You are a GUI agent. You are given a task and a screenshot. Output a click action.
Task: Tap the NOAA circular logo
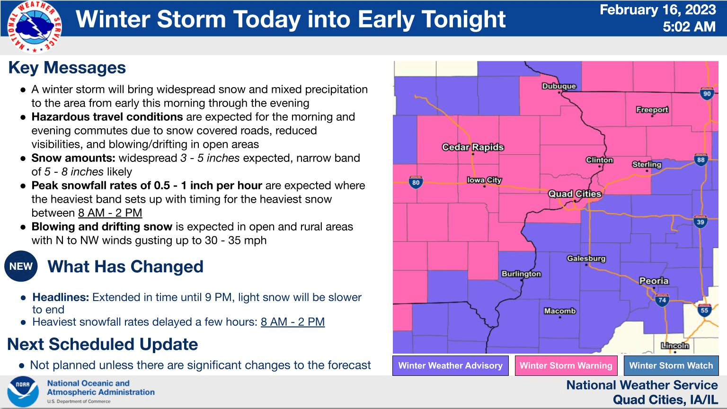tap(23, 392)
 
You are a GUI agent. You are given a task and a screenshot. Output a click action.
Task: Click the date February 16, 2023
tap(657, 10)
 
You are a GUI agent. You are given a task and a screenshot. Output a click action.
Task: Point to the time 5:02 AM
tap(689, 27)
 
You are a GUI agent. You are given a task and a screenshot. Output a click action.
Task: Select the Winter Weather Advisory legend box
tap(450, 365)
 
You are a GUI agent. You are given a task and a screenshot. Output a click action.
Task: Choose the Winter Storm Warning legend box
tap(566, 365)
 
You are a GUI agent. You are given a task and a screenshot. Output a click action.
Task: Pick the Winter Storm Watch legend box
tap(671, 365)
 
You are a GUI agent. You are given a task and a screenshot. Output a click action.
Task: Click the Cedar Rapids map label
tap(473, 147)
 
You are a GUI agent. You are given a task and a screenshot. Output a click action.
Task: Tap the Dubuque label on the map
tap(559, 86)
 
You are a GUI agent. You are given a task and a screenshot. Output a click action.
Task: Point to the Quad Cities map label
tap(575, 194)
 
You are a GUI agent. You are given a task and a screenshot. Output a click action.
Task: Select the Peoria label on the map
tap(654, 281)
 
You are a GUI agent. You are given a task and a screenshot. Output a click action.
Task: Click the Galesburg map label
tap(586, 258)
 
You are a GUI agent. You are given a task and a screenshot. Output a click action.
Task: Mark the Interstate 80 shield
tap(416, 182)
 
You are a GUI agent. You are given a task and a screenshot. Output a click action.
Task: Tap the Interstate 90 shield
tap(707, 93)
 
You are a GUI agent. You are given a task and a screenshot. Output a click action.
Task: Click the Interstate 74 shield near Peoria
tap(662, 299)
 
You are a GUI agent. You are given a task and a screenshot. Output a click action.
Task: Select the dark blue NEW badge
tap(21, 267)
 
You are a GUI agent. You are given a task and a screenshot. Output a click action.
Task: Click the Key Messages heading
tap(67, 68)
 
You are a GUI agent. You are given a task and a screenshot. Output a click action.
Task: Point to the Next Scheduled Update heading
tap(103, 344)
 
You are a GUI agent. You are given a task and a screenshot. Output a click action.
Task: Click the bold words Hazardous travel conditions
tap(107, 117)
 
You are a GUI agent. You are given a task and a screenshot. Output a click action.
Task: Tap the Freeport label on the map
tap(652, 110)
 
